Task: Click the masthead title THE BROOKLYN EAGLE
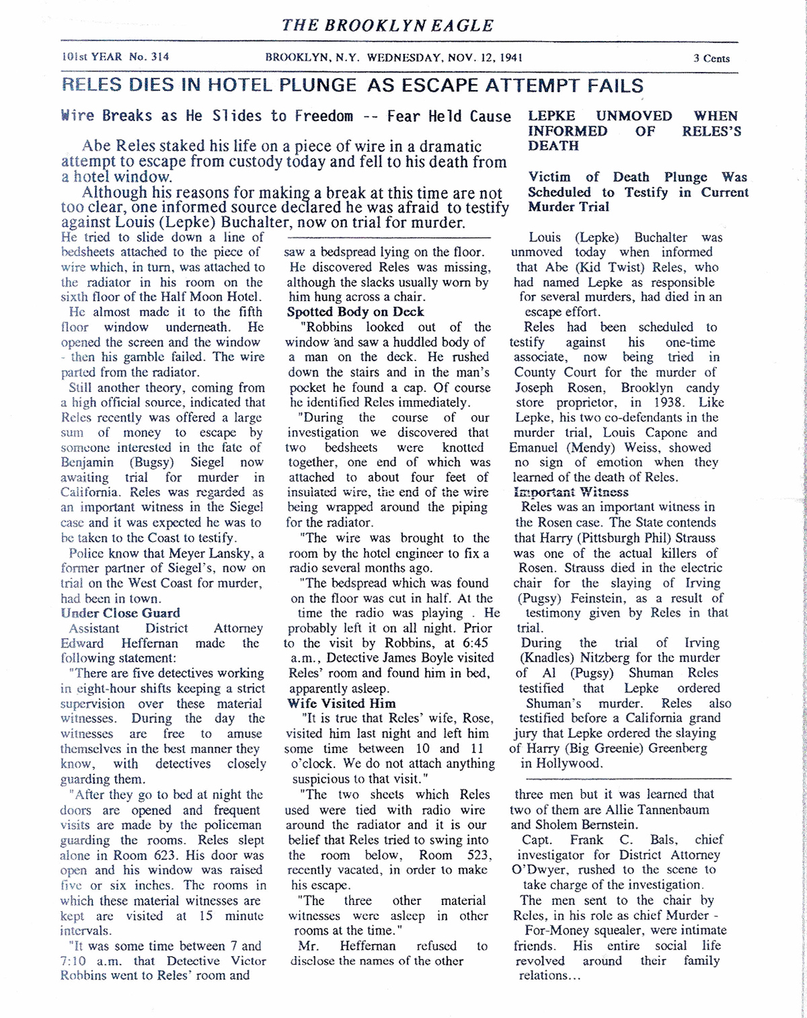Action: (387, 26)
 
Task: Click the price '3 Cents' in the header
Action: (712, 58)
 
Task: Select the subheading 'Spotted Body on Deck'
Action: (355, 312)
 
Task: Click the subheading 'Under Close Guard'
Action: (120, 613)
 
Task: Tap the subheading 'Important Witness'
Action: (571, 492)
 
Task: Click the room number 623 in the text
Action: (190, 855)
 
